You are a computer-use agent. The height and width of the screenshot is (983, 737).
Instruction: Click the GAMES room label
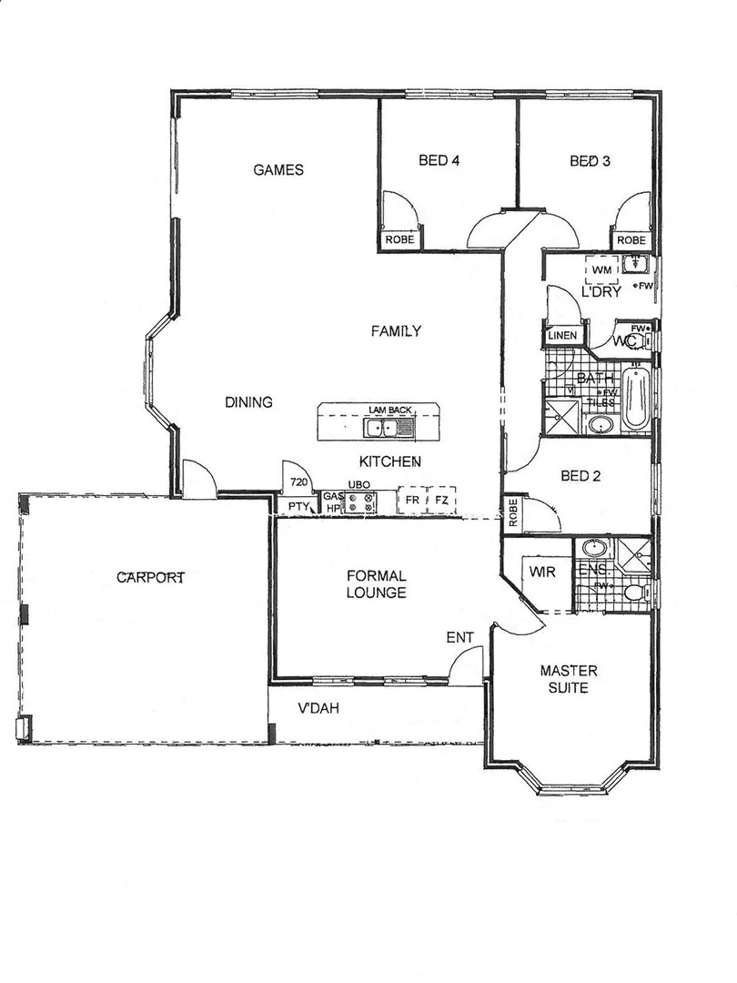point(278,169)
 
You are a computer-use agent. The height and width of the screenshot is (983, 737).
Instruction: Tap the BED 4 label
point(439,161)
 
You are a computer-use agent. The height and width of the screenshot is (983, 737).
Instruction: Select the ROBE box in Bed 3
point(631,240)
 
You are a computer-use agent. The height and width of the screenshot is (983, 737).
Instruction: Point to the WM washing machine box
point(601,270)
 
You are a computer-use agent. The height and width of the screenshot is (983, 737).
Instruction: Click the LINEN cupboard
point(561,336)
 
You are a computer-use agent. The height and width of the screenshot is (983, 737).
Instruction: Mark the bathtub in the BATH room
point(636,399)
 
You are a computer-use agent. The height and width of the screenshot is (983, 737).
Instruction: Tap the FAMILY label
point(395,330)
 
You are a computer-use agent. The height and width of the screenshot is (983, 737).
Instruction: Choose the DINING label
point(248,401)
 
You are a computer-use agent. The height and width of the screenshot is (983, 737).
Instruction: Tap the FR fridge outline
point(413,502)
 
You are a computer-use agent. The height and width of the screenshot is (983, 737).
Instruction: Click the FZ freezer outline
point(441,502)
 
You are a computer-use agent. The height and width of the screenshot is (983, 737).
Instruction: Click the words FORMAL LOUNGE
point(376,584)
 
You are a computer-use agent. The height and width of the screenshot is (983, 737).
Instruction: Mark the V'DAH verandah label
point(318,709)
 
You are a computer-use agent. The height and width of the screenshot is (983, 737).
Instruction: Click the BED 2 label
point(580,475)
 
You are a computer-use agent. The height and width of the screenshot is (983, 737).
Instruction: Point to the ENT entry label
point(459,637)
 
